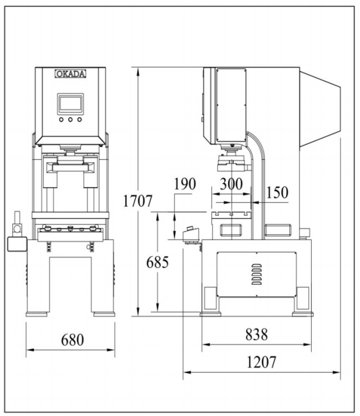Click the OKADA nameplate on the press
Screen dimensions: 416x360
[70, 74]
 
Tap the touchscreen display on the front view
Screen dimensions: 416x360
[70, 104]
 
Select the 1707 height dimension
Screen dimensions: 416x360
[138, 202]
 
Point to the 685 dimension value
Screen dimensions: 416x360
[157, 262]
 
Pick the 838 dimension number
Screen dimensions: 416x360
[256, 334]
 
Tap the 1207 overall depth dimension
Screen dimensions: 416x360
[262, 362]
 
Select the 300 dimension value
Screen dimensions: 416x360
[231, 183]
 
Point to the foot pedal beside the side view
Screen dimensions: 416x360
[191, 235]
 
